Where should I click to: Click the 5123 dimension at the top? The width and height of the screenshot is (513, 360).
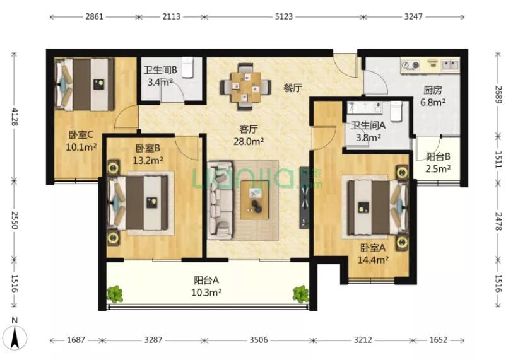[x=284, y=16]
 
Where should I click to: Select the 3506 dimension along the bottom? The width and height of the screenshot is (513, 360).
[x=259, y=340]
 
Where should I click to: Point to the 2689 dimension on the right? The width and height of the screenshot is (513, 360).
[x=498, y=94]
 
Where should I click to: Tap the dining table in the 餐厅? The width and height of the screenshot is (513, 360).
[x=245, y=86]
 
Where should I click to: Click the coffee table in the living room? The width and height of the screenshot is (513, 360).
[x=254, y=200]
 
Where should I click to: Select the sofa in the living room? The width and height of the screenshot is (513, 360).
[x=219, y=200]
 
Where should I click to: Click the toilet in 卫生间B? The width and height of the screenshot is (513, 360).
[x=187, y=67]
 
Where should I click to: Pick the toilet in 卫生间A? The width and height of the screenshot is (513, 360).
[x=396, y=111]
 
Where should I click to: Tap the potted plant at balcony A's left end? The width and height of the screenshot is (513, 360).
[x=114, y=294]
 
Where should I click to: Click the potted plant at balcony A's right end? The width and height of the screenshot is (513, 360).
[x=300, y=294]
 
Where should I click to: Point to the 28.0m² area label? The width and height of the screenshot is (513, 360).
[x=249, y=141]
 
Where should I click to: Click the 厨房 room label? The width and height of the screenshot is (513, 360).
[x=432, y=90]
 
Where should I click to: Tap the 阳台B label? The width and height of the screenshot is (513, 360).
[x=438, y=157]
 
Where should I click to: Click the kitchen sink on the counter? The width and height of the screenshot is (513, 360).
[x=450, y=65]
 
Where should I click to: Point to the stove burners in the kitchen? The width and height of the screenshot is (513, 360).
[x=411, y=66]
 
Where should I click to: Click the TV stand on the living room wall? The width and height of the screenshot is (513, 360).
[x=305, y=198]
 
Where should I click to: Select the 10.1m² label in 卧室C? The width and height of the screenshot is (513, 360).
[x=81, y=147]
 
